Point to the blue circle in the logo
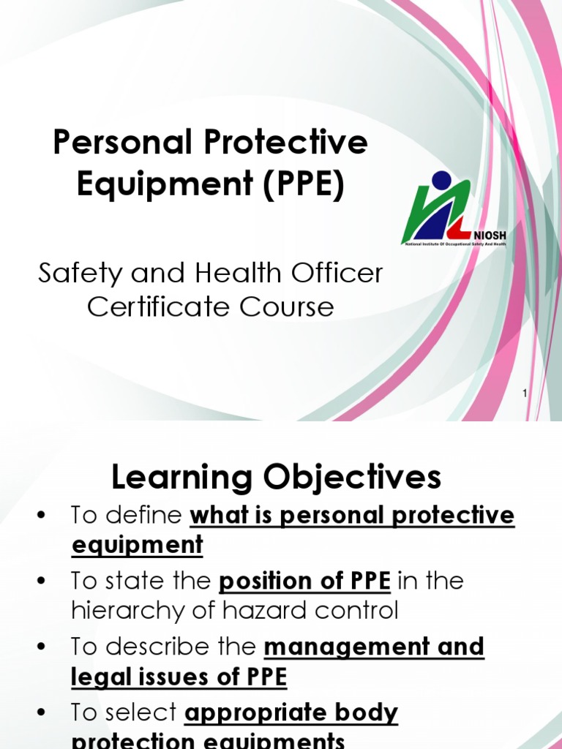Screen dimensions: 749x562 tap(441, 179)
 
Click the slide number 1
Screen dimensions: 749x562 tap(525, 394)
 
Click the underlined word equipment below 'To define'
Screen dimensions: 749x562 tap(137, 545)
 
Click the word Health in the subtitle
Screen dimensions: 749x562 tap(236, 274)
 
